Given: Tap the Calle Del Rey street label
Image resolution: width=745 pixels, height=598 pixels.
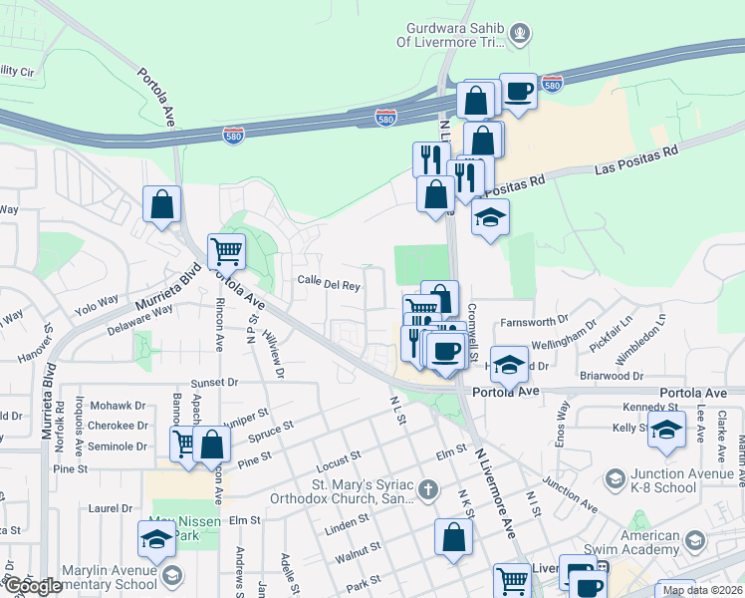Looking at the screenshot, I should (x=329, y=284).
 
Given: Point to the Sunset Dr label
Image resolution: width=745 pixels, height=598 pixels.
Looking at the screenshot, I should (x=215, y=382).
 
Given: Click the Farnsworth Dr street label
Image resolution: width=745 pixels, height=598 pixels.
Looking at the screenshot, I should (x=534, y=322).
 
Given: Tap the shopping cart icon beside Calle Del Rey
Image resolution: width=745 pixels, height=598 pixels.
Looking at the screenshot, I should (x=227, y=251).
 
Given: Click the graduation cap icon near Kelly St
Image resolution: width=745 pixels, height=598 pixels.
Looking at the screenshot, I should (x=666, y=430).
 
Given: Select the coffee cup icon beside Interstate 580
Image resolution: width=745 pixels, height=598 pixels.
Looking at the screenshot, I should (x=518, y=91).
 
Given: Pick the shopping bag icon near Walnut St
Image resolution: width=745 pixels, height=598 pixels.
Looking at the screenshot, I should (x=453, y=537).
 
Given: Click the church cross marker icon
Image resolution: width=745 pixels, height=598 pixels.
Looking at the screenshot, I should (x=427, y=489).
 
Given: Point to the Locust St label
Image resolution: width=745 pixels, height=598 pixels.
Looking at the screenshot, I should (x=336, y=457).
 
